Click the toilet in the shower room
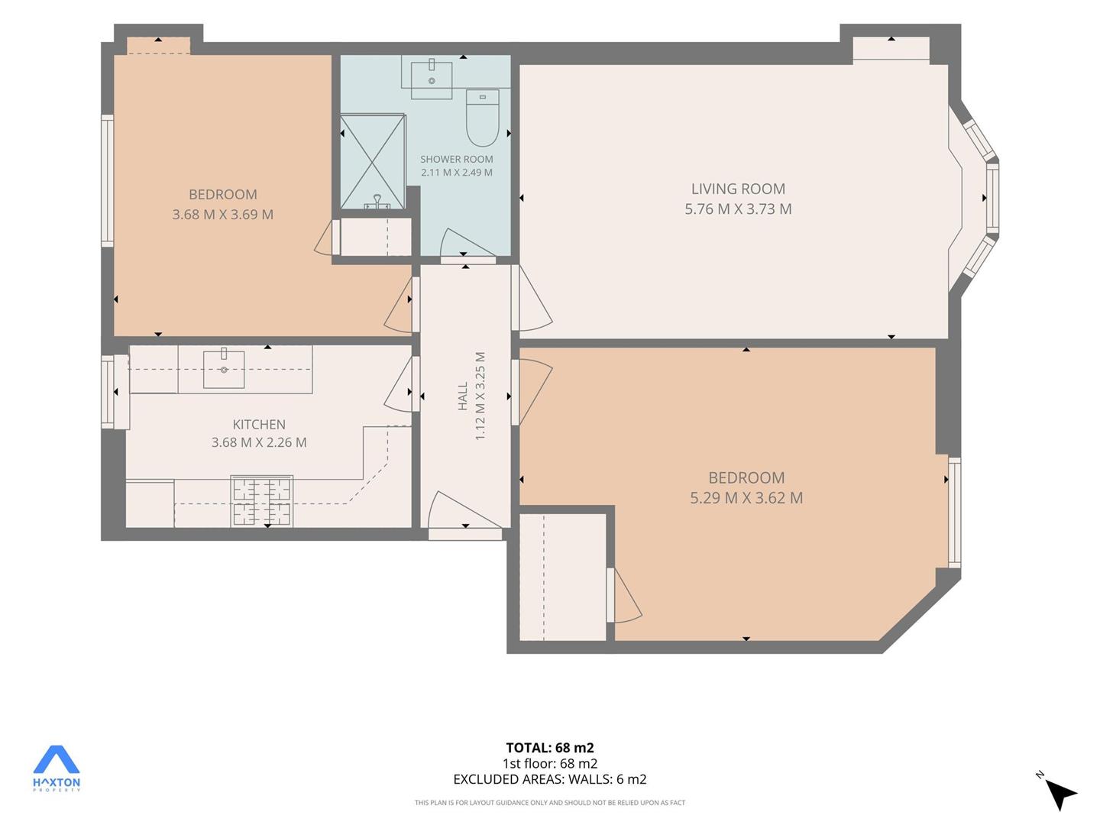[x=482, y=118]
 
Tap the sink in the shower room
[x=432, y=80]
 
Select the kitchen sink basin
[x=224, y=370]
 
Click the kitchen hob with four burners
[x=261, y=501]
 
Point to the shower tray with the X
[x=372, y=161]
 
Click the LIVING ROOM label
[x=738, y=189]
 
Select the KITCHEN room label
[x=259, y=424]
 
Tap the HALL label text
[x=463, y=396]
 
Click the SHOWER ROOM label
[x=457, y=160]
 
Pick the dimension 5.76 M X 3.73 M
[x=738, y=209]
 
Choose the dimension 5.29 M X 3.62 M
[x=746, y=498]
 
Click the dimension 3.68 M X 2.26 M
[x=259, y=442]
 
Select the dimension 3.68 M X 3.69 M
[x=223, y=215]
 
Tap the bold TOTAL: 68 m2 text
[x=550, y=748]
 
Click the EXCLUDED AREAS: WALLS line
[x=550, y=779]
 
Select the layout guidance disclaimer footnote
[x=550, y=803]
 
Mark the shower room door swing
[x=467, y=244]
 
